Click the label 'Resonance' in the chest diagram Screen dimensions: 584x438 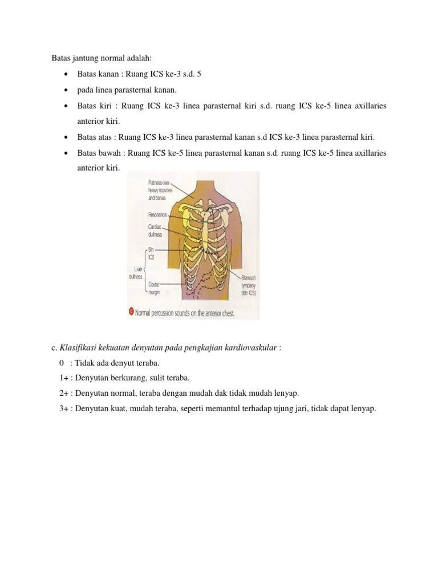pyautogui.click(x=157, y=215)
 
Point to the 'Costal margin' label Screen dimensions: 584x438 pyautogui.click(x=155, y=287)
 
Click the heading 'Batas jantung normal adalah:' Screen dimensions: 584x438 pyautogui.click(x=100, y=59)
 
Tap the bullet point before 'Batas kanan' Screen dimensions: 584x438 pyautogui.click(x=67, y=75)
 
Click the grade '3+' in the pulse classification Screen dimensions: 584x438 pyautogui.click(x=63, y=408)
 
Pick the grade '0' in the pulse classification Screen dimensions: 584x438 pyautogui.click(x=61, y=363)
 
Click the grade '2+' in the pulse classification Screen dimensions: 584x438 pyautogui.click(x=63, y=393)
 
